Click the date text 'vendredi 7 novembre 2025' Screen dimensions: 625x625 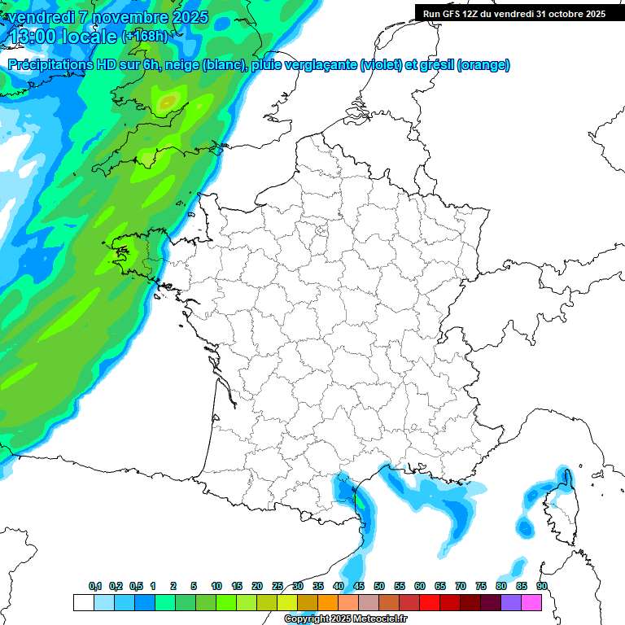(107, 17)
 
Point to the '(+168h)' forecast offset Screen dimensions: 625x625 (144, 36)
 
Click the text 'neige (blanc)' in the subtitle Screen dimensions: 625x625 (206, 65)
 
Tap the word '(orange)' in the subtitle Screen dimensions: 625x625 (483, 65)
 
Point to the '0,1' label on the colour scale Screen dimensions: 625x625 (95, 587)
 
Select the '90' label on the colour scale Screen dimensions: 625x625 (542, 587)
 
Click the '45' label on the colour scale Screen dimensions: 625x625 (359, 587)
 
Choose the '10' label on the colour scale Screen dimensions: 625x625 (216, 587)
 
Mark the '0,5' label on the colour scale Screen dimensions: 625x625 (136, 587)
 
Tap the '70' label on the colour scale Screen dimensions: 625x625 (461, 587)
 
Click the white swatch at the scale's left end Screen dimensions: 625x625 (83, 602)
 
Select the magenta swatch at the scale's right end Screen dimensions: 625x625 (532, 602)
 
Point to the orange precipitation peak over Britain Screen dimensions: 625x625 (168, 102)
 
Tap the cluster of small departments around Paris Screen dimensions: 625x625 (321, 235)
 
